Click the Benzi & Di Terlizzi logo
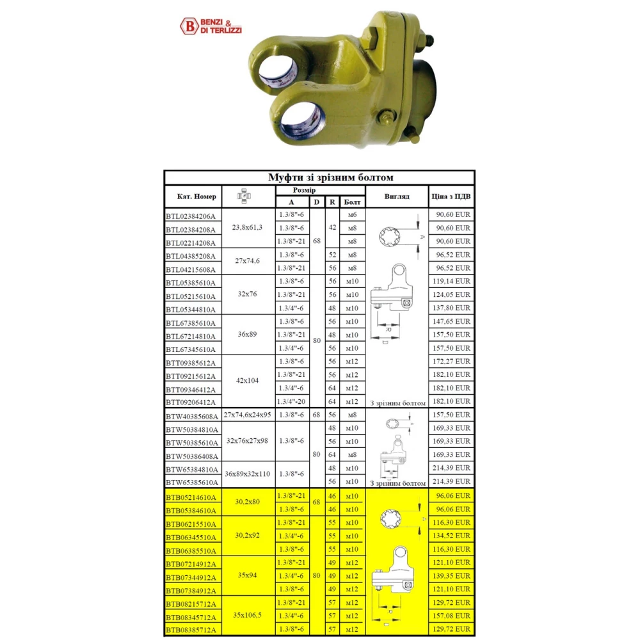(211, 26)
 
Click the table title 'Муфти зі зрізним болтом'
(331, 177)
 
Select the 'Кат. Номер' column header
(196, 196)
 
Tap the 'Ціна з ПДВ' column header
(451, 196)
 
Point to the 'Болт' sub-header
(352, 202)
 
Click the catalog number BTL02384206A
(191, 216)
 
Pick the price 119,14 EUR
(451, 281)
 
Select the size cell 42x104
(247, 380)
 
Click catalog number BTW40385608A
(192, 417)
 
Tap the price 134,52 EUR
(451, 536)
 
